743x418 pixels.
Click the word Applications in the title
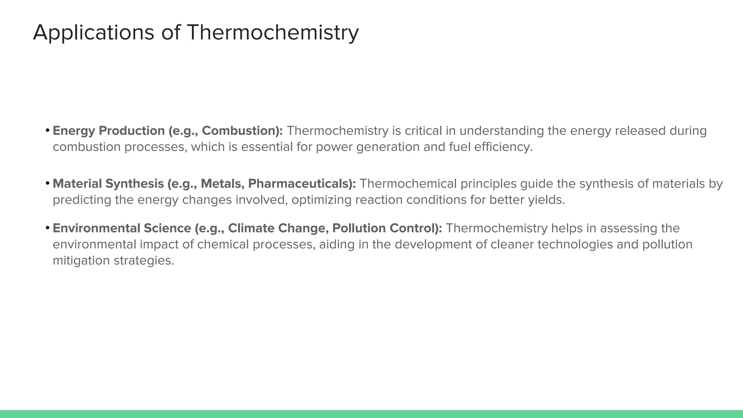[x=94, y=33]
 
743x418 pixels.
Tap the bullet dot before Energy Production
[x=48, y=130]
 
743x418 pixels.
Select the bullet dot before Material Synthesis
[x=48, y=183]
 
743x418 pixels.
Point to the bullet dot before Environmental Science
[x=48, y=228]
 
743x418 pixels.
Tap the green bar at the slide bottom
[x=371, y=414]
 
